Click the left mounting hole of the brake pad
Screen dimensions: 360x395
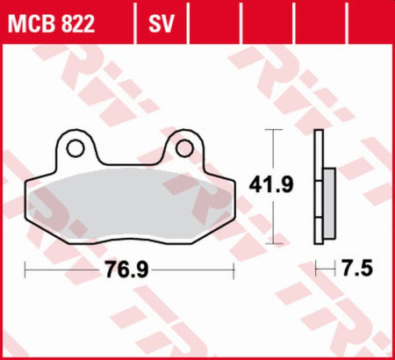coord(75,145)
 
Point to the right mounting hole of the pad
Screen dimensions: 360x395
coord(184,145)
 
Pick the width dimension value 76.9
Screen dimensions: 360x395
coord(129,267)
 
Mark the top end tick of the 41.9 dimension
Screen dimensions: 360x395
coord(273,131)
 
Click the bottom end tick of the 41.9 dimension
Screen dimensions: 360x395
coord(273,241)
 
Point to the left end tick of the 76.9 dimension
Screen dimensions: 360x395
coord(26,267)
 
